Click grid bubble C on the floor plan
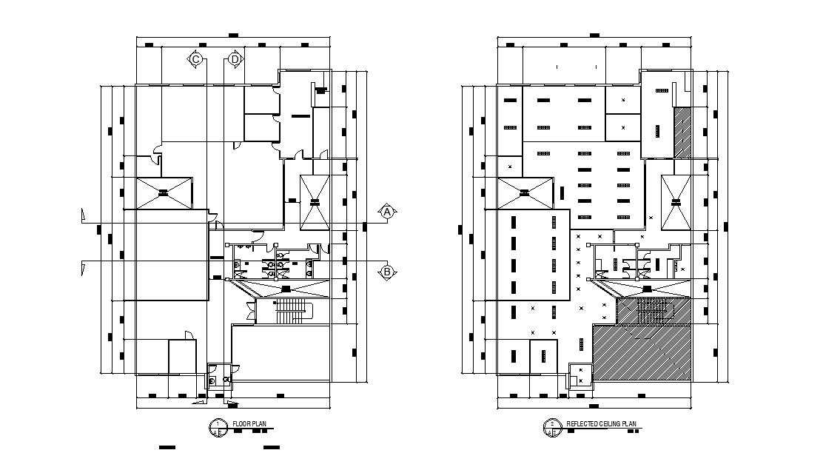196,58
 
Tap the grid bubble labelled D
235,58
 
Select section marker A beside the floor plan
386,212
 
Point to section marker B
386,272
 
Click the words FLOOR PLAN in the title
249,424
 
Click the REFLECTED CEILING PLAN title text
601,424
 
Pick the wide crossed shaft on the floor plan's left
161,193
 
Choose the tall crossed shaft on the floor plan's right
315,202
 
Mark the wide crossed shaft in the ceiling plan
525,193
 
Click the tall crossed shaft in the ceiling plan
676,202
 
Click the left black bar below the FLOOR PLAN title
167,448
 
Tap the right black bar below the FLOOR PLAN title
272,448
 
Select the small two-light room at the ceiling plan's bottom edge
580,375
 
